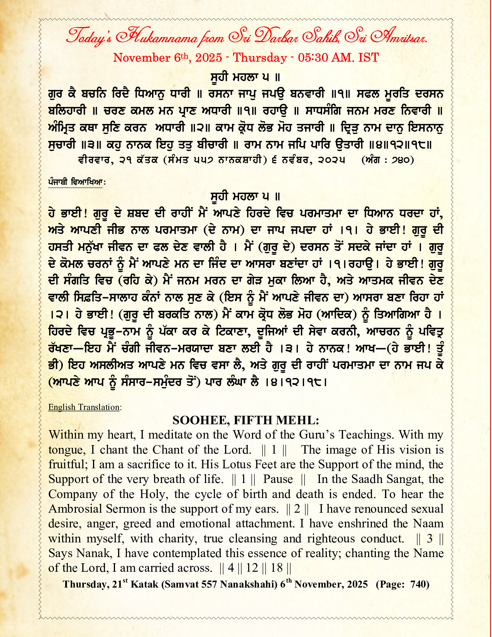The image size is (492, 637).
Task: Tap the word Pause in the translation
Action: (278, 479)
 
